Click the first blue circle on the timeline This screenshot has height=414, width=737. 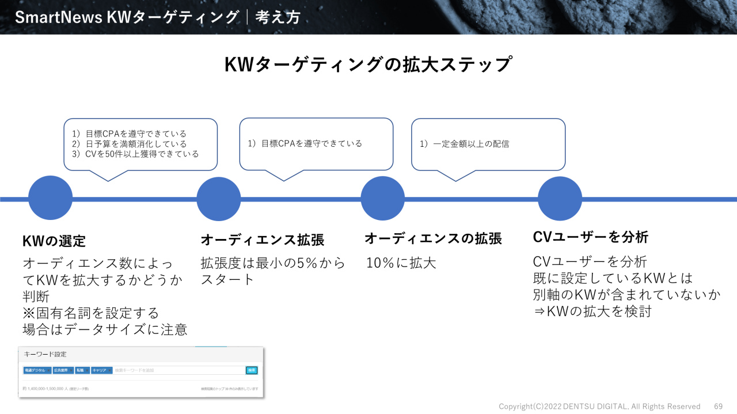pyautogui.click(x=51, y=199)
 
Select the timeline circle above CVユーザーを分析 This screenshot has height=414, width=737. pyautogui.click(x=560, y=199)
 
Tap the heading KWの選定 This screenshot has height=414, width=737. pyautogui.click(x=54, y=241)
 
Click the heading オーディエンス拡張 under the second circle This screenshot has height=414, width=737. pyautogui.click(x=262, y=240)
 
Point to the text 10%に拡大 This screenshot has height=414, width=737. pyautogui.click(x=401, y=263)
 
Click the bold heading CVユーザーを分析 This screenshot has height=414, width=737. pyautogui.click(x=591, y=237)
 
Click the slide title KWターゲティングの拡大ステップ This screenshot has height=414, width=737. pyautogui.click(x=368, y=64)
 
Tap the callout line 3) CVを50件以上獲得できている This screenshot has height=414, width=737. pyautogui.click(x=135, y=154)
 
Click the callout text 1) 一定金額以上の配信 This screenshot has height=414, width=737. pyautogui.click(x=464, y=143)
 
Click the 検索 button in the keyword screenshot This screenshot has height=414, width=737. pyautogui.click(x=251, y=370)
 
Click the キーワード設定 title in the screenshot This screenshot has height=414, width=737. pyautogui.click(x=45, y=355)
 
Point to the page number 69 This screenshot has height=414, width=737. pyautogui.click(x=718, y=407)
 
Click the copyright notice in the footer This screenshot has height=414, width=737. pyautogui.click(x=599, y=407)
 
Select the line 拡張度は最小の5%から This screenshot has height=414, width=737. pyautogui.click(x=272, y=263)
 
